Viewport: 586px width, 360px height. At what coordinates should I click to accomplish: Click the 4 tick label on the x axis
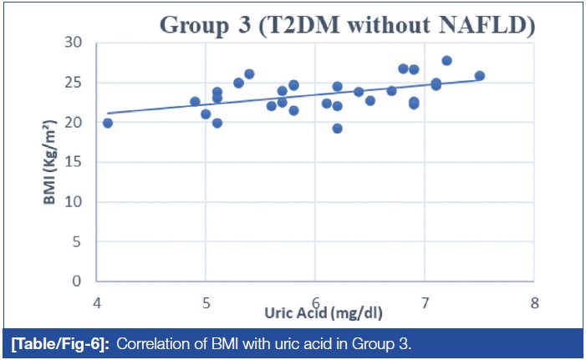97,302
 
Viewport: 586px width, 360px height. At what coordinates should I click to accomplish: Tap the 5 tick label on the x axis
206,302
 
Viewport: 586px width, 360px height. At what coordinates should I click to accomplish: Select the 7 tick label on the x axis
424,302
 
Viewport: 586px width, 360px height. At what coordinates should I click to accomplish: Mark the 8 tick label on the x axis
533,302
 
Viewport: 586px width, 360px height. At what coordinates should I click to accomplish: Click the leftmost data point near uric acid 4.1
108,123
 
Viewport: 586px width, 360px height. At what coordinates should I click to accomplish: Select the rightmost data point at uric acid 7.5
479,76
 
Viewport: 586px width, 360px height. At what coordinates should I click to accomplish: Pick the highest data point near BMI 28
446,60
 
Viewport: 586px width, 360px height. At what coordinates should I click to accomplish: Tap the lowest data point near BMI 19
337,129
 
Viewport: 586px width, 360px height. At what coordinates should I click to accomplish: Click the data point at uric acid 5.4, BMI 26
249,74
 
